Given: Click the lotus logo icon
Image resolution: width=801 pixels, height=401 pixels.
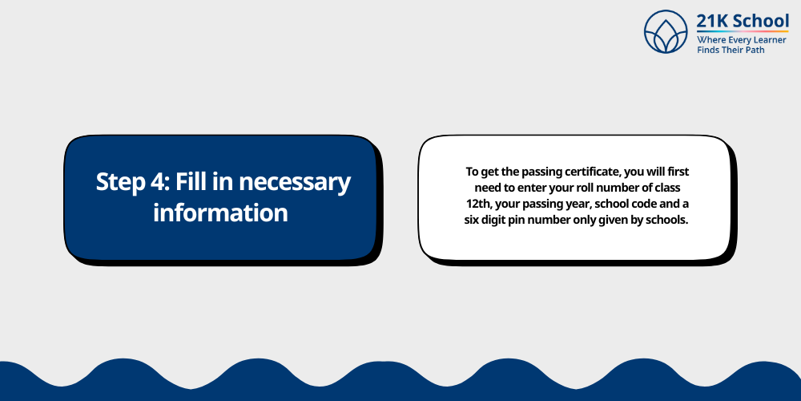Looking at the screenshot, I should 667,32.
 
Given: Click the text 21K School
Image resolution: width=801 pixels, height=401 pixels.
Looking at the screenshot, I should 743,21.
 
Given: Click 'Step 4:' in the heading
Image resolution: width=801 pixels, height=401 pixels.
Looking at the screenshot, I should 123,182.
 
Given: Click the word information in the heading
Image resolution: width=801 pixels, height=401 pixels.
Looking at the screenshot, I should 220,213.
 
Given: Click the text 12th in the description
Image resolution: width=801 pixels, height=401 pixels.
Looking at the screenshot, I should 478,205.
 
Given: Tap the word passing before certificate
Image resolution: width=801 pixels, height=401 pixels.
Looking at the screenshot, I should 521,172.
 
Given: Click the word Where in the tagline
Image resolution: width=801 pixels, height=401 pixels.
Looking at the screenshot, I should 711,39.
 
